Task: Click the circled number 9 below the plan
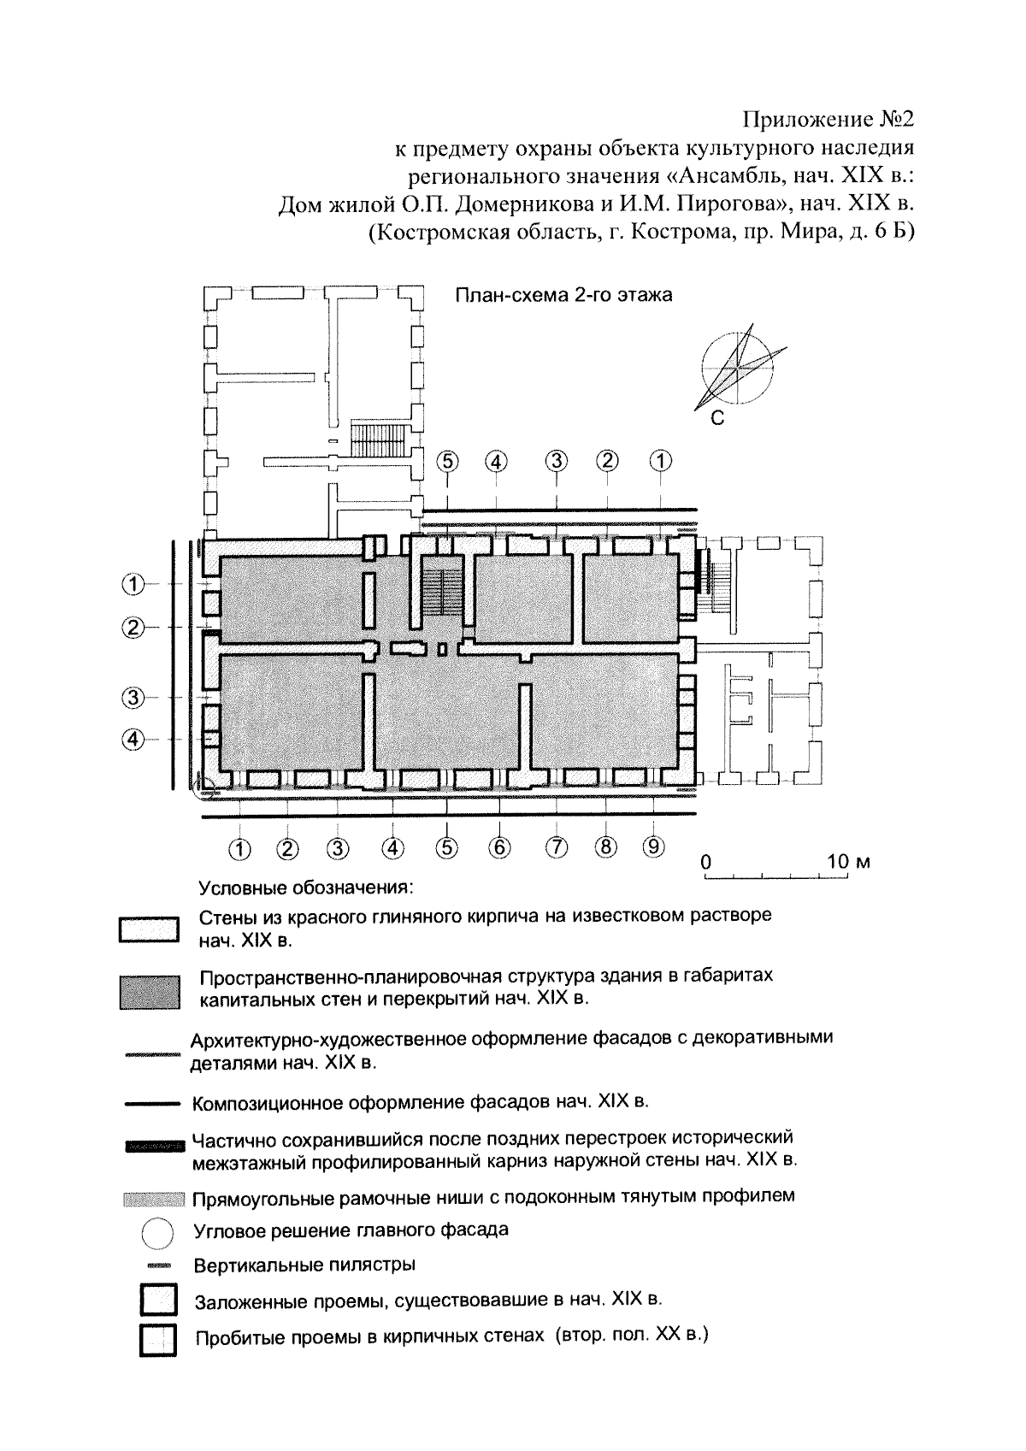click(x=653, y=846)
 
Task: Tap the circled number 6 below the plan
click(x=499, y=846)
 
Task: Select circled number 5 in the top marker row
click(x=447, y=462)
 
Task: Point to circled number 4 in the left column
click(x=133, y=739)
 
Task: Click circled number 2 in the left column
click(x=133, y=628)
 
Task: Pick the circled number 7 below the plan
click(x=557, y=846)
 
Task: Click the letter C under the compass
click(x=717, y=419)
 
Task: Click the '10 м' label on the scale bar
click(x=848, y=862)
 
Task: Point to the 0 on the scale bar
click(x=706, y=862)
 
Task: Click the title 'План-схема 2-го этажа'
click(x=563, y=295)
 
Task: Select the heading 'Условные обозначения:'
click(x=306, y=887)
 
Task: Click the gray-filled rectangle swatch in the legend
click(x=150, y=992)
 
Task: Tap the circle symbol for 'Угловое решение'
click(x=157, y=1233)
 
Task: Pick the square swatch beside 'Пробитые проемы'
click(x=158, y=1340)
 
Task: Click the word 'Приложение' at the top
click(x=808, y=120)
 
